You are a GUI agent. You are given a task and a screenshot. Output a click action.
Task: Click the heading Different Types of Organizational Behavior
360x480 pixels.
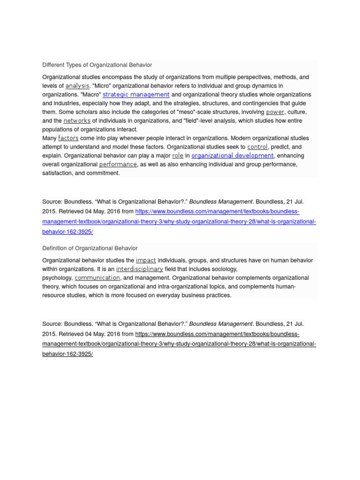(97, 65)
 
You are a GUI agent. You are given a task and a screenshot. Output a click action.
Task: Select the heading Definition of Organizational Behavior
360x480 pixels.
(90, 248)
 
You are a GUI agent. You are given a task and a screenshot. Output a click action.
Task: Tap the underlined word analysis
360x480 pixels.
(77, 86)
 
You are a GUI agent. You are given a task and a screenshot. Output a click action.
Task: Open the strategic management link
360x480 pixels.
(136, 94)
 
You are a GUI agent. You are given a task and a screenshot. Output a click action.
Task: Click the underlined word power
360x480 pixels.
(275, 112)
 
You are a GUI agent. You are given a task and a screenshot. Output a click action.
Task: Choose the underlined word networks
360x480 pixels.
(77, 120)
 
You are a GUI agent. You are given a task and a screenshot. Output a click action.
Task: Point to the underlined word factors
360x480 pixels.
(68, 138)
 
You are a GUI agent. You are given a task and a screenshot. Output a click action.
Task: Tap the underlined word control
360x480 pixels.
(257, 147)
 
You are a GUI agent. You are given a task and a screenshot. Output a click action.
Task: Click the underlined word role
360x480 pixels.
(178, 155)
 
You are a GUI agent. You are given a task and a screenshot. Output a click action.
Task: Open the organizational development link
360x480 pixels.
(232, 155)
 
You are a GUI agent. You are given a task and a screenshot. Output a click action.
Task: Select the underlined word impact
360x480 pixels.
(146, 260)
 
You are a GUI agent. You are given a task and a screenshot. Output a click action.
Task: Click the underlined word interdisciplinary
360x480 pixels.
(139, 269)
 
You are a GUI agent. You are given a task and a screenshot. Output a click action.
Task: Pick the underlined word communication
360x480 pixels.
(97, 277)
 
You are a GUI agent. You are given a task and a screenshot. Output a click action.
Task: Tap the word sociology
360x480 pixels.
(224, 269)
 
